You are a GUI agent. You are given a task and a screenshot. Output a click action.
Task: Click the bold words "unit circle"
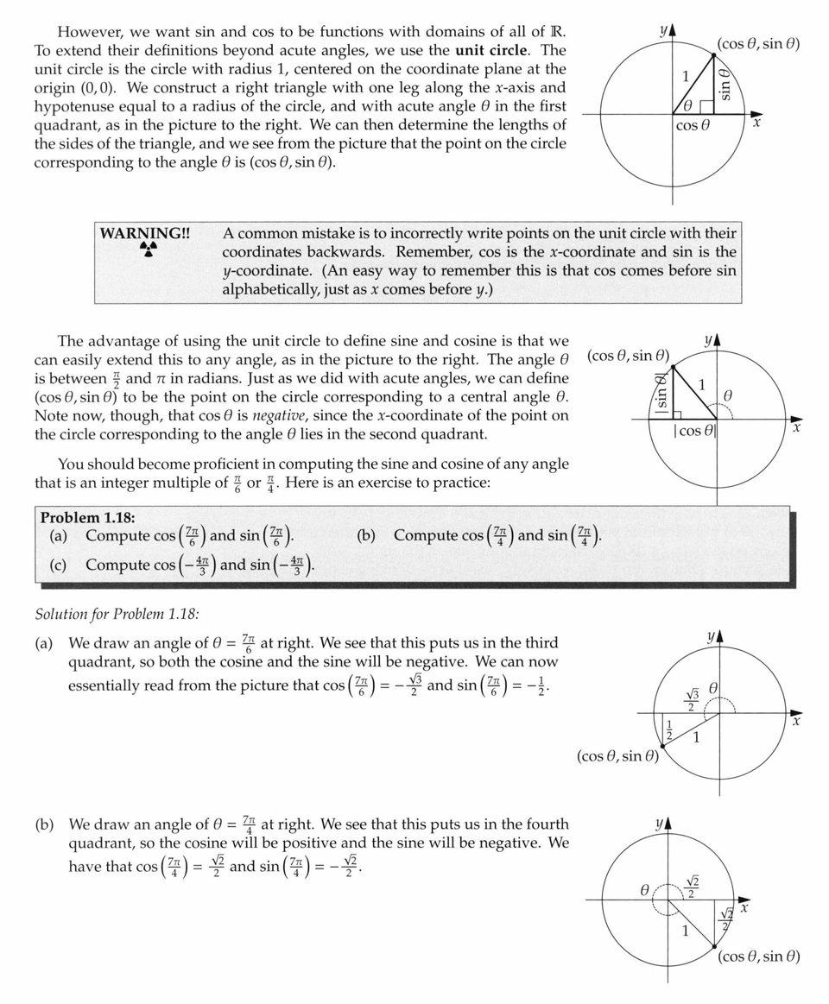click(x=491, y=50)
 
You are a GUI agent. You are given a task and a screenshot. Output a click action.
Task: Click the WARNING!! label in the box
click(x=145, y=233)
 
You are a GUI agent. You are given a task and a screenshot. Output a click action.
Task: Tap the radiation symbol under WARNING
click(x=149, y=249)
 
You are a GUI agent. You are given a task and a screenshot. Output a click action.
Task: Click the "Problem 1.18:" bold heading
click(x=87, y=518)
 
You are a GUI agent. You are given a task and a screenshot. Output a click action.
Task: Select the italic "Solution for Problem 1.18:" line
click(x=117, y=614)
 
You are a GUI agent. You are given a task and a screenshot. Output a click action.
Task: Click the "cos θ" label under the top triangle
click(x=693, y=127)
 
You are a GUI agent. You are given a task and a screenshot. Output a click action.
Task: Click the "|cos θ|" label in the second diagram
click(x=694, y=431)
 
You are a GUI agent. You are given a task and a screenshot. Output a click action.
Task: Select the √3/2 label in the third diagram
click(x=691, y=699)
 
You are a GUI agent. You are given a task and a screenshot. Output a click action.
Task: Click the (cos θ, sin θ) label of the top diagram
click(x=758, y=43)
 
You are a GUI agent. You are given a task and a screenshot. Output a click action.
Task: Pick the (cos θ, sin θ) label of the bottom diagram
click(x=758, y=957)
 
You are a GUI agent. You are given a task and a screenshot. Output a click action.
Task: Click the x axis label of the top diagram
click(x=756, y=123)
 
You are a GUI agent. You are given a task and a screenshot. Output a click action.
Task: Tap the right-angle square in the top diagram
click(x=706, y=107)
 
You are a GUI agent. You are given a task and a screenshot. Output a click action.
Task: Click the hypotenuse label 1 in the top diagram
click(x=687, y=77)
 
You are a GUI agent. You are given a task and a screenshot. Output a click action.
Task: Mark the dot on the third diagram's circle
click(x=664, y=744)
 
